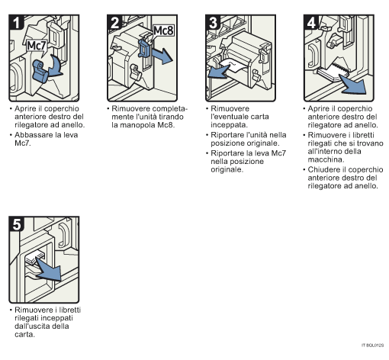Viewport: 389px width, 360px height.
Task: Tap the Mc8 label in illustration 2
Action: coord(163,31)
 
